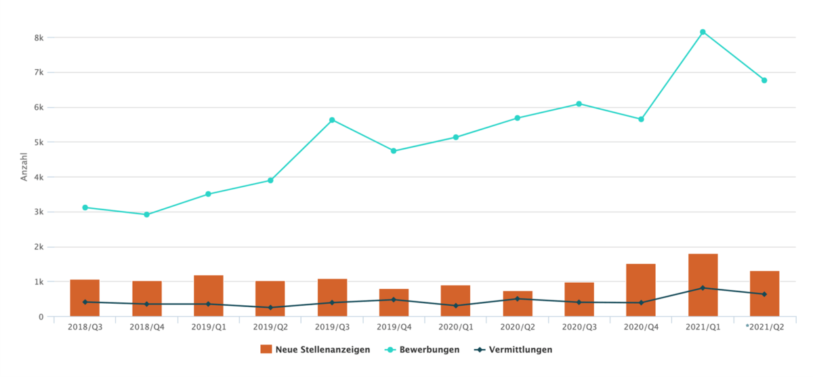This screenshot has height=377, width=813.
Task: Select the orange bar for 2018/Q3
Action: [85, 298]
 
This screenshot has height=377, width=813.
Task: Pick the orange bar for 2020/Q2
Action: [518, 303]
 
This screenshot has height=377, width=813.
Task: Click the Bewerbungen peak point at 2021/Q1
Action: [703, 32]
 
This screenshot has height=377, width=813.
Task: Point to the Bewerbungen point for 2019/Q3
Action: [332, 120]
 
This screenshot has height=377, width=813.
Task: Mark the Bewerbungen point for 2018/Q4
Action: [147, 214]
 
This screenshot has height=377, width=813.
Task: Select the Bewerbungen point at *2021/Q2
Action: [764, 80]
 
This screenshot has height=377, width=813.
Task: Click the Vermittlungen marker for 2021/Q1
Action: [703, 288]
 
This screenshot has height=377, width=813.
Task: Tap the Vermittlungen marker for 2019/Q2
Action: [270, 307]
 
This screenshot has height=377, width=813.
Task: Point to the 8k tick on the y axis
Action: [39, 38]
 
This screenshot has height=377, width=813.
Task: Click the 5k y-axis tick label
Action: [39, 142]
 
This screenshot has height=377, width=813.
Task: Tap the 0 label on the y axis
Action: [41, 317]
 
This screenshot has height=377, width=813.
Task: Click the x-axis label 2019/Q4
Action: [394, 328]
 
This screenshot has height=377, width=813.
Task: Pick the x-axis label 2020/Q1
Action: [455, 328]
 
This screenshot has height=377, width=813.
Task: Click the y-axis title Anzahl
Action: [24, 167]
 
